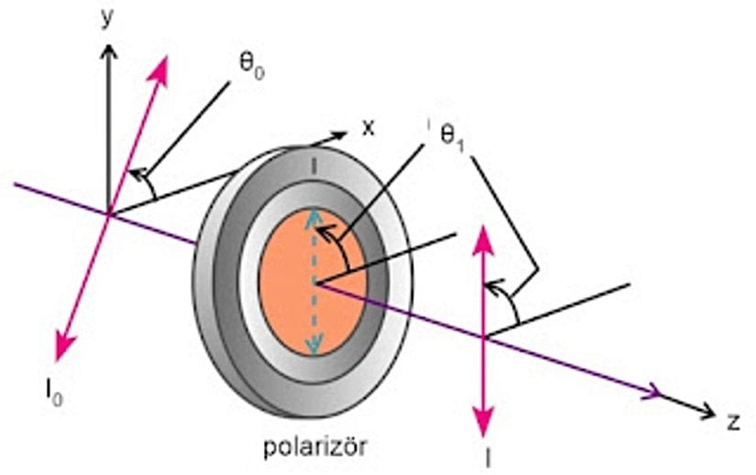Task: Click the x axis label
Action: pyautogui.click(x=367, y=127)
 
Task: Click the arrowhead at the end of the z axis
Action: pyautogui.click(x=707, y=414)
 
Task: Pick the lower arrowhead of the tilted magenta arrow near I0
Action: pyautogui.click(x=62, y=352)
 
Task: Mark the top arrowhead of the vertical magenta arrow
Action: pyautogui.click(x=484, y=232)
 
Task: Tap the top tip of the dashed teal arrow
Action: pyautogui.click(x=314, y=211)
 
